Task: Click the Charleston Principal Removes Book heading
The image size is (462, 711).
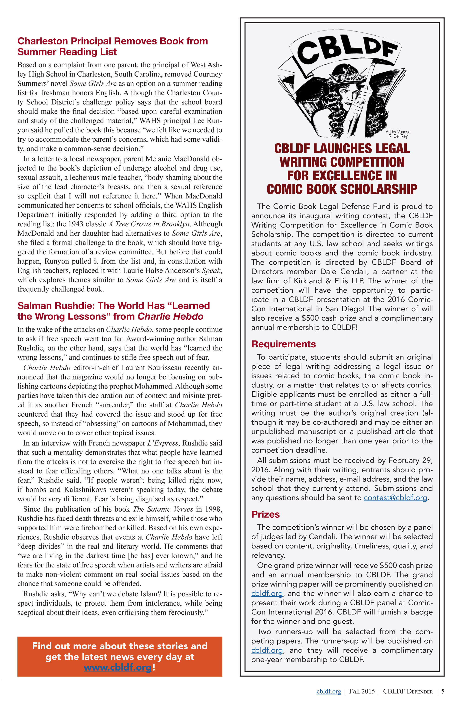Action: (x=112, y=46)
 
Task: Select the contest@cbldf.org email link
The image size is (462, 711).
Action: (x=396, y=498)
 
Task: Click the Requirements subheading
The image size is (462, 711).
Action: (x=283, y=344)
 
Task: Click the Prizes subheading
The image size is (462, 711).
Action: (x=265, y=514)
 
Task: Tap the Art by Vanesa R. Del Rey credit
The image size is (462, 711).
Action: (x=398, y=134)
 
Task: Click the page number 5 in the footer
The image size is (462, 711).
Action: (x=443, y=691)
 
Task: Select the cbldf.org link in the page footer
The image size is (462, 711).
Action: (x=329, y=691)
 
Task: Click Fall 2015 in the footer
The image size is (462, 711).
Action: (x=362, y=691)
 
